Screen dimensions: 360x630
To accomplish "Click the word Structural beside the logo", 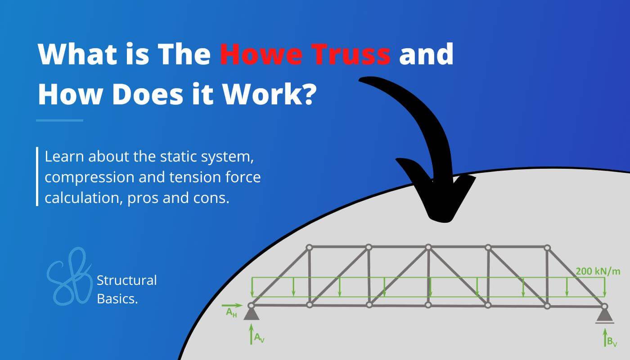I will point(127,280).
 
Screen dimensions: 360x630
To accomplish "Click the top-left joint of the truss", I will point(309,247).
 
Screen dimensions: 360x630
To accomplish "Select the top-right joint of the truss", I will point(547,247).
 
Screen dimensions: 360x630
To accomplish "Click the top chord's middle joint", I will point(428,247).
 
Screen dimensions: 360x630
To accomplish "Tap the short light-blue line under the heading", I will point(60,120).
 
